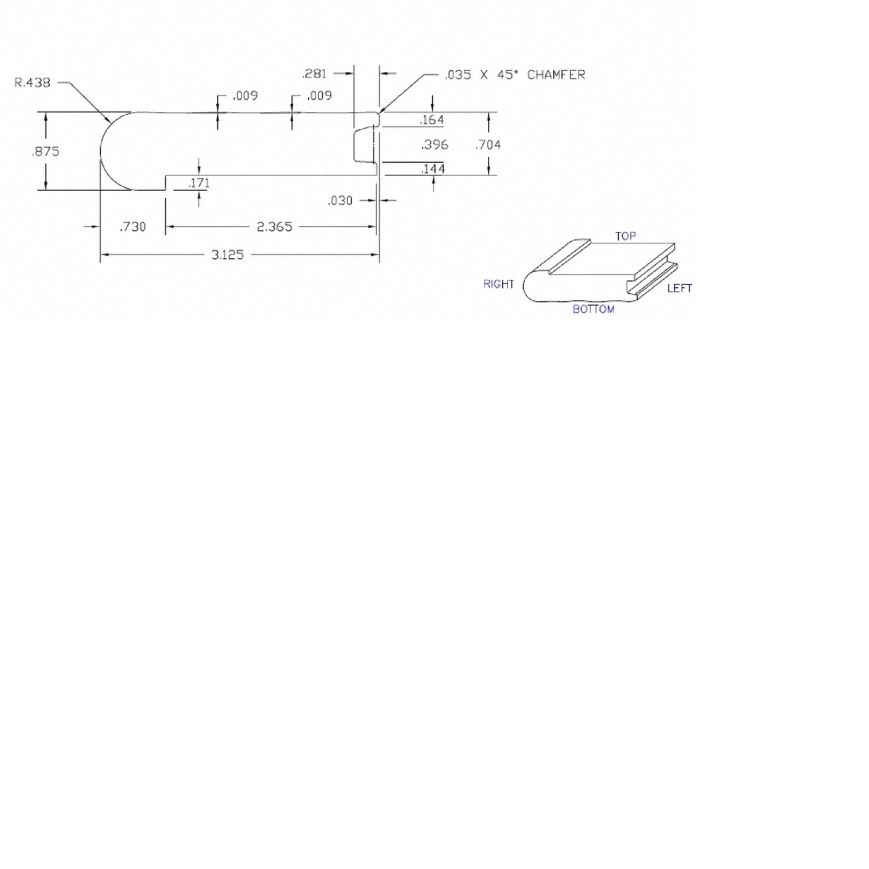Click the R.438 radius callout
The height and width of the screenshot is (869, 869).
32,83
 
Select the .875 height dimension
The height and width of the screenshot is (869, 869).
46,151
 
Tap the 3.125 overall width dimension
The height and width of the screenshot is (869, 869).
228,255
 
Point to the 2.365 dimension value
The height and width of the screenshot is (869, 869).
275,227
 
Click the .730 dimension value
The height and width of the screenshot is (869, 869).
133,227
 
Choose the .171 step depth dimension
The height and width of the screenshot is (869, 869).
199,183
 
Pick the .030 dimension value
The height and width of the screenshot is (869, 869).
340,200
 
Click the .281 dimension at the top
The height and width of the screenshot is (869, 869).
315,74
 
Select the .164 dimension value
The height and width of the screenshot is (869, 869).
432,120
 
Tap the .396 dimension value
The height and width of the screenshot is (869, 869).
434,145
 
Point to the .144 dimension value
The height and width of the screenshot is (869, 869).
433,169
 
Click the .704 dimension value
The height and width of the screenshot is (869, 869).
488,145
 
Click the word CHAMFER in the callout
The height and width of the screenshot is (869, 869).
556,75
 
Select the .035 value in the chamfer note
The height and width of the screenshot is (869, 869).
458,75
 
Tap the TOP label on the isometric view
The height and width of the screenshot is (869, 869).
626,236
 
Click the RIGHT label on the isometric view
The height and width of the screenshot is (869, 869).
499,284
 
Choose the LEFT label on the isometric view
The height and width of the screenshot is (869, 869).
680,288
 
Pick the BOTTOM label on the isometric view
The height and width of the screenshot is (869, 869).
593,309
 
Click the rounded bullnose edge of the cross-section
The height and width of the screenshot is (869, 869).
115,151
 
